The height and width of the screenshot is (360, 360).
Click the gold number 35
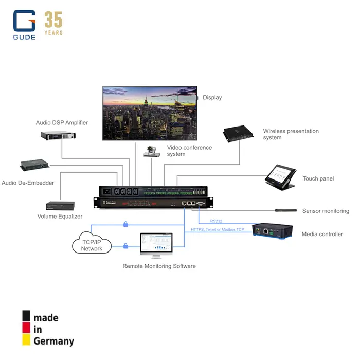[53, 21]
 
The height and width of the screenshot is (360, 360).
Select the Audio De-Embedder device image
[35, 165]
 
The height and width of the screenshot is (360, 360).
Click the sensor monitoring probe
[285, 210]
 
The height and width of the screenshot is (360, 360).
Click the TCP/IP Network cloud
[92, 243]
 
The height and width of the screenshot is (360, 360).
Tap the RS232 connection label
[216, 221]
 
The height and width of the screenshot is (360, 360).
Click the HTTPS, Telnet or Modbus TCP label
[218, 229]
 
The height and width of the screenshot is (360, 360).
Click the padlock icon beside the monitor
[125, 246]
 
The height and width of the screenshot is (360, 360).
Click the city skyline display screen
[149, 113]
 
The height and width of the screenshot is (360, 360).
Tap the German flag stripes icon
[26, 328]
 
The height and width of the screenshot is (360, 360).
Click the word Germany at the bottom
[54, 340]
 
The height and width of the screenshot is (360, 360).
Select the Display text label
[212, 97]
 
